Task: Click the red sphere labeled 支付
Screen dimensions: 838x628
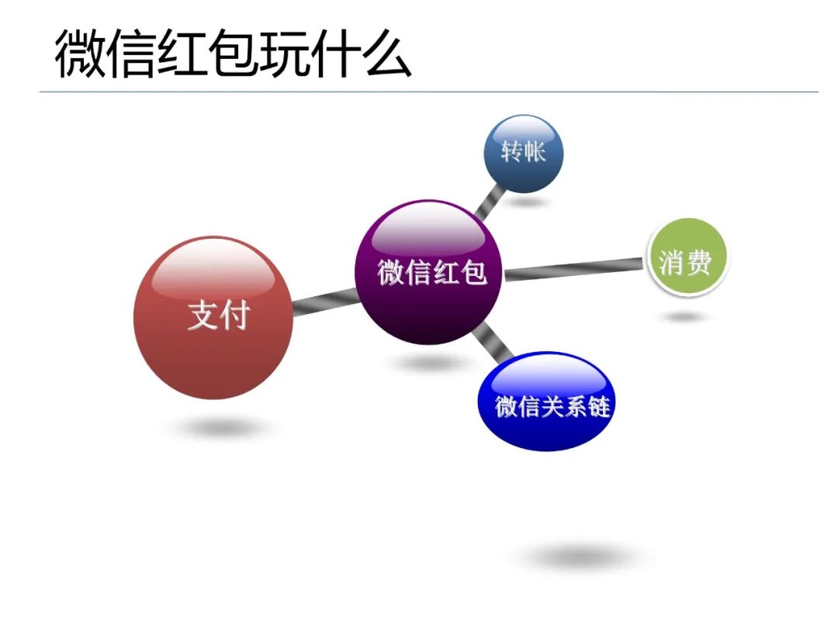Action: (x=214, y=318)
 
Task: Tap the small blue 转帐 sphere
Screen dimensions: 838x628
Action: (x=523, y=154)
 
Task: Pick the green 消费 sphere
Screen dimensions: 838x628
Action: (x=686, y=258)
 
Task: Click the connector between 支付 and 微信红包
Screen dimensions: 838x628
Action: (x=324, y=301)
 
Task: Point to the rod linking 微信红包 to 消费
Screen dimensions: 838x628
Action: (x=574, y=269)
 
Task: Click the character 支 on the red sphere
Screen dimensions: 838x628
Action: (x=200, y=316)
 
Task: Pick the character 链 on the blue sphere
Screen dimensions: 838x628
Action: (x=598, y=406)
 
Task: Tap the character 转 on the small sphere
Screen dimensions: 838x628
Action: (x=511, y=152)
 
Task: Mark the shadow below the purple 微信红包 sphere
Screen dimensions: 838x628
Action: (x=429, y=363)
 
